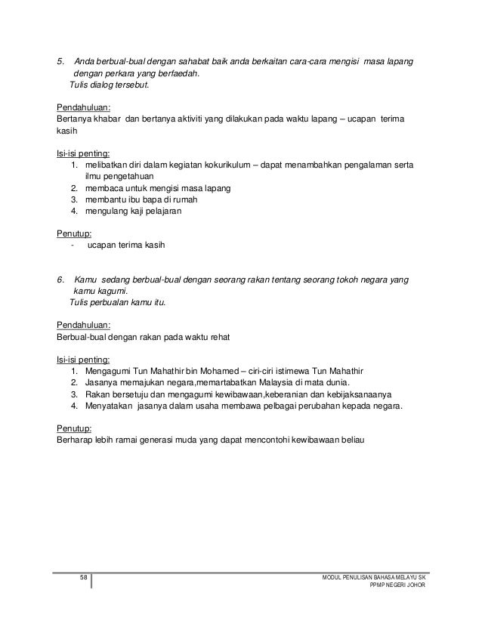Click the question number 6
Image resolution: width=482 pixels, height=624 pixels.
[61, 280]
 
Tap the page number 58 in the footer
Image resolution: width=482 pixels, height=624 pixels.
[84, 578]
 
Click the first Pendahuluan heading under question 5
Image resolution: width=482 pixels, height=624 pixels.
[84, 107]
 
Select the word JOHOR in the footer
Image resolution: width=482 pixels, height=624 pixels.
[414, 586]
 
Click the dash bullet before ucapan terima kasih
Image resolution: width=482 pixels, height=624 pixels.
[70, 246]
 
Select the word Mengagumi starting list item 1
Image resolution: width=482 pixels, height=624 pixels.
[110, 371]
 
